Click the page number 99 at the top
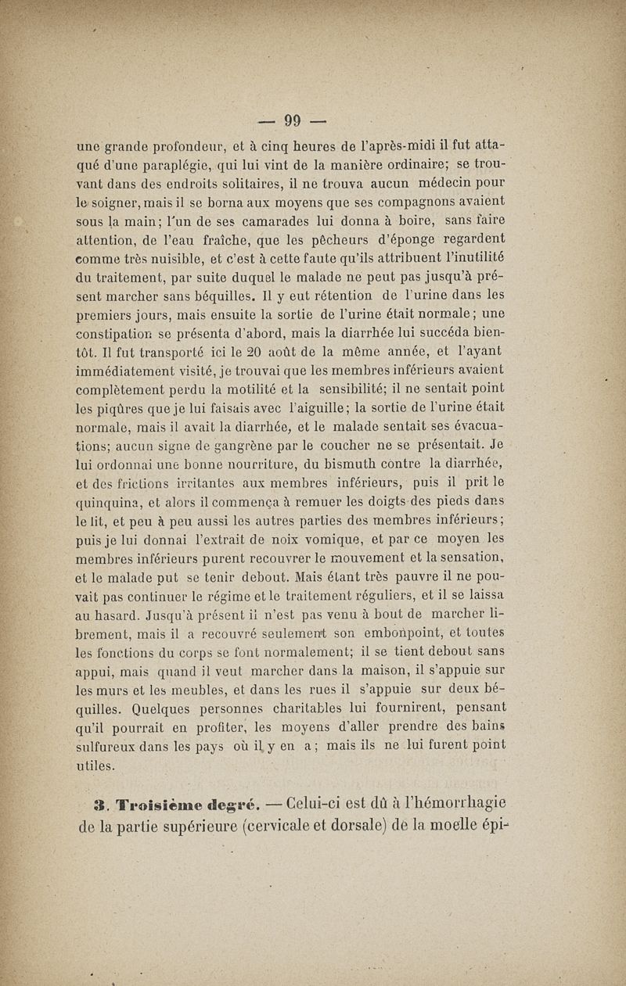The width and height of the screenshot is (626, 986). click(293, 120)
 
